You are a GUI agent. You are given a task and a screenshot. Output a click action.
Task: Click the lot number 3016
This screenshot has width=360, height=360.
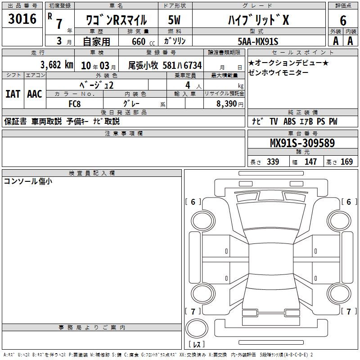(22, 19)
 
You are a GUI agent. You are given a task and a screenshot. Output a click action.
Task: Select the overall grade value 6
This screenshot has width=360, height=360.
(343, 21)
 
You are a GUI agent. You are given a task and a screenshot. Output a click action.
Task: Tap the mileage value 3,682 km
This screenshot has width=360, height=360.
(57, 65)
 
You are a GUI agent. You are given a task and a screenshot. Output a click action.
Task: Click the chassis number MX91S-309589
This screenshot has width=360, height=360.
(302, 143)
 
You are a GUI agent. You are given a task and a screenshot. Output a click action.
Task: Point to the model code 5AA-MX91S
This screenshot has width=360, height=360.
(258, 41)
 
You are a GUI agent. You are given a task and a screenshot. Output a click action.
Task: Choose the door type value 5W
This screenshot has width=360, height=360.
(174, 20)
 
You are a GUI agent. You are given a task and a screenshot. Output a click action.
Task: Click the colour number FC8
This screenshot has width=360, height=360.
(75, 104)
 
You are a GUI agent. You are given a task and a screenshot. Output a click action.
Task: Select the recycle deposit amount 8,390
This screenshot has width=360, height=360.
(227, 104)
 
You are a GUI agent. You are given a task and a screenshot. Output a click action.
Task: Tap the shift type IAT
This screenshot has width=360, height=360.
(13, 94)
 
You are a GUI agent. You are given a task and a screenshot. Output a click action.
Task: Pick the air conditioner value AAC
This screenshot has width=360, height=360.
(35, 94)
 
